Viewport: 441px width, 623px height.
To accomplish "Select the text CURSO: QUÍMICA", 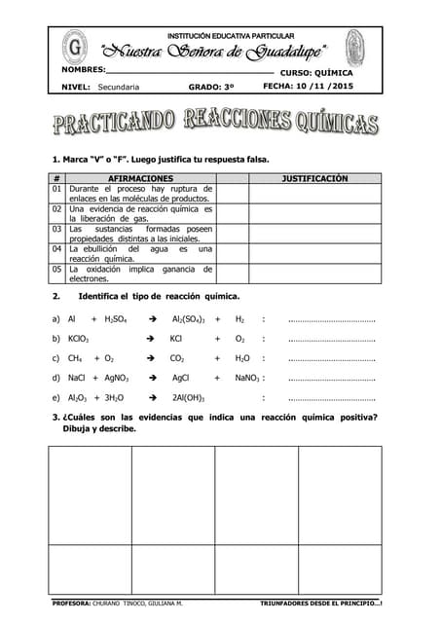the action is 316,72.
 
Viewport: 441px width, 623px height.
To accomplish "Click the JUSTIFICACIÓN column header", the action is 314,179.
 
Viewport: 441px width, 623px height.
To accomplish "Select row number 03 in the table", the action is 57,230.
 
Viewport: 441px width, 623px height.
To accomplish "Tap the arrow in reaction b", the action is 150,339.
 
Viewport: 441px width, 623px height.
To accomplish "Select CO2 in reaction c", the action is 177,358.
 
